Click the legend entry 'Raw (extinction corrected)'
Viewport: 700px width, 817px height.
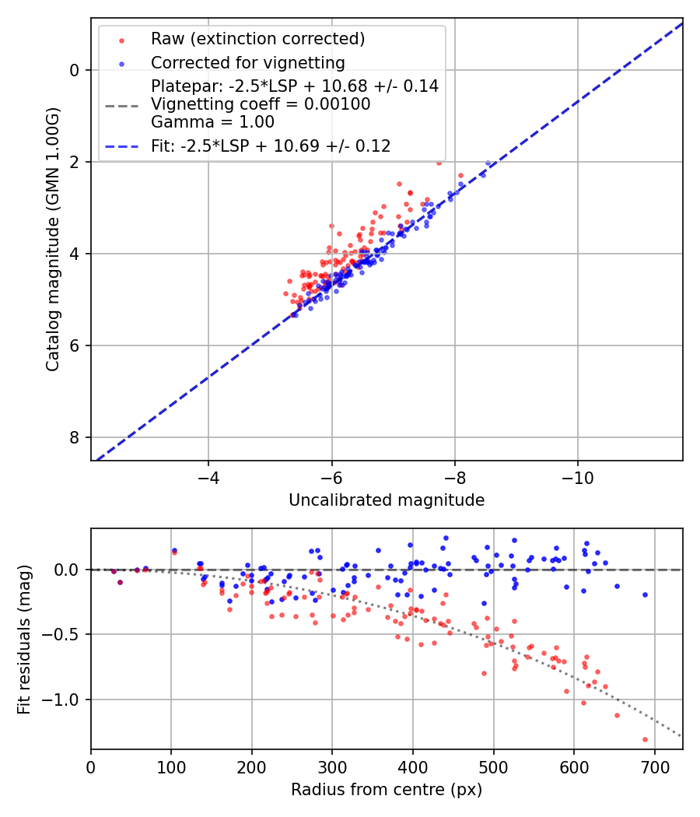(257, 39)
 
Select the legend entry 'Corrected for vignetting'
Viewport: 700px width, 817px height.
(247, 63)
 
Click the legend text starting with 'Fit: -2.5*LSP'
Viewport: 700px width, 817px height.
(271, 146)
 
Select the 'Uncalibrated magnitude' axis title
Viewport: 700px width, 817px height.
(387, 500)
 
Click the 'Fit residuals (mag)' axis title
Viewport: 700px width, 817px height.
(24, 639)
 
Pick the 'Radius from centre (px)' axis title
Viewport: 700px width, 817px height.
(387, 790)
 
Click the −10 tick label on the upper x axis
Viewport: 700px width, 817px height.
(578, 475)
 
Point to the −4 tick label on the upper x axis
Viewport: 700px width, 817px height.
(208, 475)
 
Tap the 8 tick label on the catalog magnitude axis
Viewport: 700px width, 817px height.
(75, 437)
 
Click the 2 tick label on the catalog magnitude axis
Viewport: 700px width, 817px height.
(75, 162)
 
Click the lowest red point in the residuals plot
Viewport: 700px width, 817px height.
(645, 739)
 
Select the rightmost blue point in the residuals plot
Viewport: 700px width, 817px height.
(645, 594)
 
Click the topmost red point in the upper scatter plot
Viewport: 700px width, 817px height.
(439, 163)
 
